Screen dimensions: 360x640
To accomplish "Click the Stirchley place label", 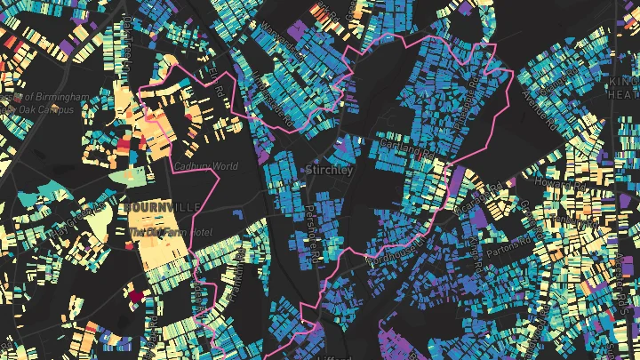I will pos(329,169).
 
